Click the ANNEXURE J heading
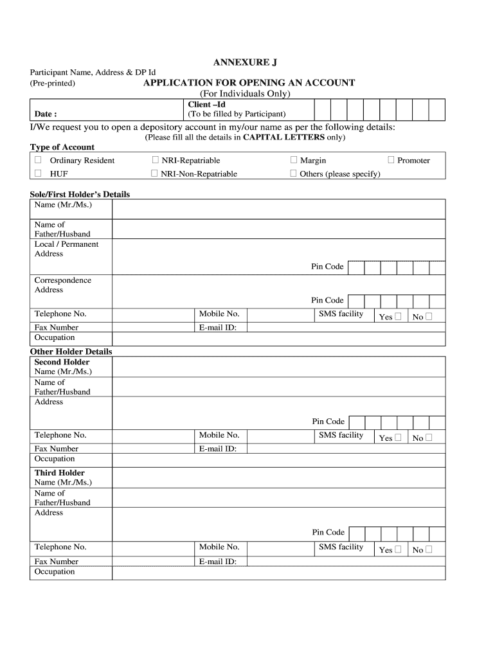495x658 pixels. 246,62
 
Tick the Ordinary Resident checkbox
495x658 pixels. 38,160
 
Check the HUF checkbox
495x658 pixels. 38,173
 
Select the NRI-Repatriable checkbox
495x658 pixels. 155,160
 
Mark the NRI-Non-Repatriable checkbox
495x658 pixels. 155,173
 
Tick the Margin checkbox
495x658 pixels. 294,160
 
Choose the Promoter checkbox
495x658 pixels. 391,160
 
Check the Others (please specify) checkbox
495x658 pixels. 294,173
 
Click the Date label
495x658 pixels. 46,114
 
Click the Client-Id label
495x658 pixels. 206,104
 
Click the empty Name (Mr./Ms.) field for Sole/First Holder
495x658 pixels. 278,209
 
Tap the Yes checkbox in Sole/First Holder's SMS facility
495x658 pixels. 398,316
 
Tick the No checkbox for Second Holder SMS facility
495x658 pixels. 429,438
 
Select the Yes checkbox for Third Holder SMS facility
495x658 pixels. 398,549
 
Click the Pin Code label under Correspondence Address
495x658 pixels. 328,300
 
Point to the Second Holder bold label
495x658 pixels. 62,362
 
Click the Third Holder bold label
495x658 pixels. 59,473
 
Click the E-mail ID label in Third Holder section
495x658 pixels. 218,561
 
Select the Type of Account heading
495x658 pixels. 62,147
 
